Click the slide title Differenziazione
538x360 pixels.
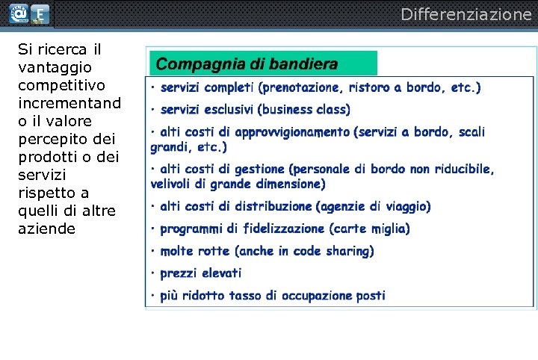click(466, 14)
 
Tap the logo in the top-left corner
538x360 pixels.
click(28, 14)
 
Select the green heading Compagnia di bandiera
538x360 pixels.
click(247, 65)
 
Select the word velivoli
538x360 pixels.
click(174, 184)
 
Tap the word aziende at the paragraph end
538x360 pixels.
click(46, 229)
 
